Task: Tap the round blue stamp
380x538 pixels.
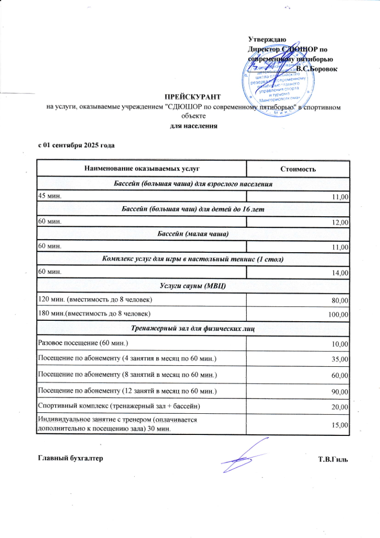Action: coord(281,84)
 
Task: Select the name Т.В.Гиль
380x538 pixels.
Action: coord(333,459)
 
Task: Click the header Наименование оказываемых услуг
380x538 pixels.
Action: coord(142,168)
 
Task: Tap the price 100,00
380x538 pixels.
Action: coord(339,314)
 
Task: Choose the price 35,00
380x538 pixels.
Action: coord(341,359)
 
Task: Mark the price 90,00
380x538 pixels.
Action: coord(341,392)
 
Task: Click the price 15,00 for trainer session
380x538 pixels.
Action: coord(341,425)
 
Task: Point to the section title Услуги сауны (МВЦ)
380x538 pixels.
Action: coord(193,286)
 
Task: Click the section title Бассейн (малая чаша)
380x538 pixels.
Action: coord(193,234)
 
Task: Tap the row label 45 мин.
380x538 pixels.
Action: coord(50,196)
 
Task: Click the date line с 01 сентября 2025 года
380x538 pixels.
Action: coord(77,145)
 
